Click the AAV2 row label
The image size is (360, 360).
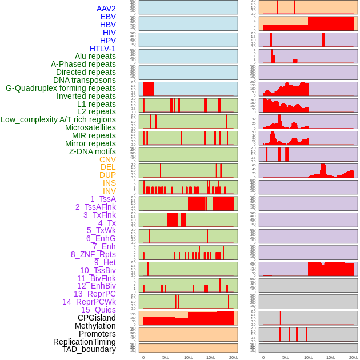coord(106,9)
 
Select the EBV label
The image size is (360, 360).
coord(108,17)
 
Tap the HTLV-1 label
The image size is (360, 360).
coord(102,49)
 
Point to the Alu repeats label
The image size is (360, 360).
coord(95,56)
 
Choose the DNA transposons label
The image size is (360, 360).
coord(85,80)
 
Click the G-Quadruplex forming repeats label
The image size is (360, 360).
coord(61,88)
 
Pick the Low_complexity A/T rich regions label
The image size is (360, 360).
coord(58,119)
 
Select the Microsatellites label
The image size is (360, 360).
coord(90,127)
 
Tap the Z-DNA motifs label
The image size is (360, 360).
coord(93,151)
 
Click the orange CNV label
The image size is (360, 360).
coord(107,159)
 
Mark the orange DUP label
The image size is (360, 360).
coord(107,175)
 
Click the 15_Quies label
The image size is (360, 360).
coord(98,310)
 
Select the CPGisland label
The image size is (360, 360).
coord(97,318)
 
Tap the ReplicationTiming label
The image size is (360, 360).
coord(84,342)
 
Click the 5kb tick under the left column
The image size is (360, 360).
coord(166,357)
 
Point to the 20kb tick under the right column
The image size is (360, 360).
coord(354,357)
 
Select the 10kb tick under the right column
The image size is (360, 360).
coord(309,357)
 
